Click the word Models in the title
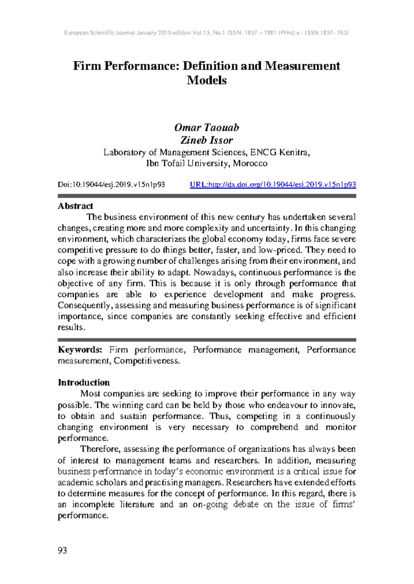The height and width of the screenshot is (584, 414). click(x=207, y=80)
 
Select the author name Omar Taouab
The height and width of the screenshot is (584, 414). click(x=207, y=128)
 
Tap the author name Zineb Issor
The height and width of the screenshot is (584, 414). click(x=207, y=140)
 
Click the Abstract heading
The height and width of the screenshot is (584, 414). click(x=75, y=206)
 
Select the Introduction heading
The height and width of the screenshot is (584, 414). click(x=84, y=382)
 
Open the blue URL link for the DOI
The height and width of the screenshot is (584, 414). click(x=273, y=185)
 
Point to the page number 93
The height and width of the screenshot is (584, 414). click(x=62, y=550)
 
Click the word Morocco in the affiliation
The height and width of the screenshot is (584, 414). click(x=250, y=163)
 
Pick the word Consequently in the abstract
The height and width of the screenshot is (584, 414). click(x=85, y=305)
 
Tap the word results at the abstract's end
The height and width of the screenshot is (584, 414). click(x=71, y=328)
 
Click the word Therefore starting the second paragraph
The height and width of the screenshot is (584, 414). click(x=100, y=449)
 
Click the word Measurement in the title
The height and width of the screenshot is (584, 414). click(x=302, y=66)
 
